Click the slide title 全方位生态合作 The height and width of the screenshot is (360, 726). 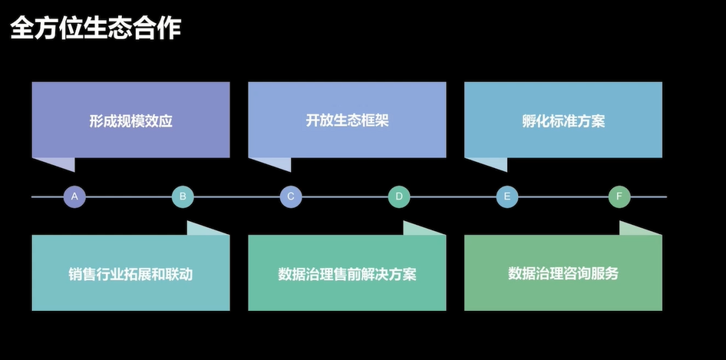(95, 30)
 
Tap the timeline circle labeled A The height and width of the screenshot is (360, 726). (74, 197)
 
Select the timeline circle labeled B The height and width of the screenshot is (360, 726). (183, 197)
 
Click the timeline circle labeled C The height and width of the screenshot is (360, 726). (291, 197)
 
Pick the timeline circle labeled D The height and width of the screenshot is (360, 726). (399, 197)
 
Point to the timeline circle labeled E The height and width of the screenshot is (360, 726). (507, 197)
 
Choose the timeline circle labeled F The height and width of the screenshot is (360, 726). (619, 197)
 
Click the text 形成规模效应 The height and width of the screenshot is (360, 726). (130, 121)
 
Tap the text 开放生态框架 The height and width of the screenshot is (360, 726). (347, 121)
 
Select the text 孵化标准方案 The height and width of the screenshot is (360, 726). (563, 121)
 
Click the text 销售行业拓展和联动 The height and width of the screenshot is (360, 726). (130, 274)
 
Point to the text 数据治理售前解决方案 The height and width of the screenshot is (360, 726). (347, 274)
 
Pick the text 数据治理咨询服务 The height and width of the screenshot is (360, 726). (563, 273)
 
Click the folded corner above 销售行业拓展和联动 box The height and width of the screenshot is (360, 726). (205, 230)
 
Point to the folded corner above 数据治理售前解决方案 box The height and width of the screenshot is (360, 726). (421, 230)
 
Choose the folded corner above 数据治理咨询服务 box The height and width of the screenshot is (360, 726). (638, 230)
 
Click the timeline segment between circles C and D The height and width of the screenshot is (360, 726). (345, 197)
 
